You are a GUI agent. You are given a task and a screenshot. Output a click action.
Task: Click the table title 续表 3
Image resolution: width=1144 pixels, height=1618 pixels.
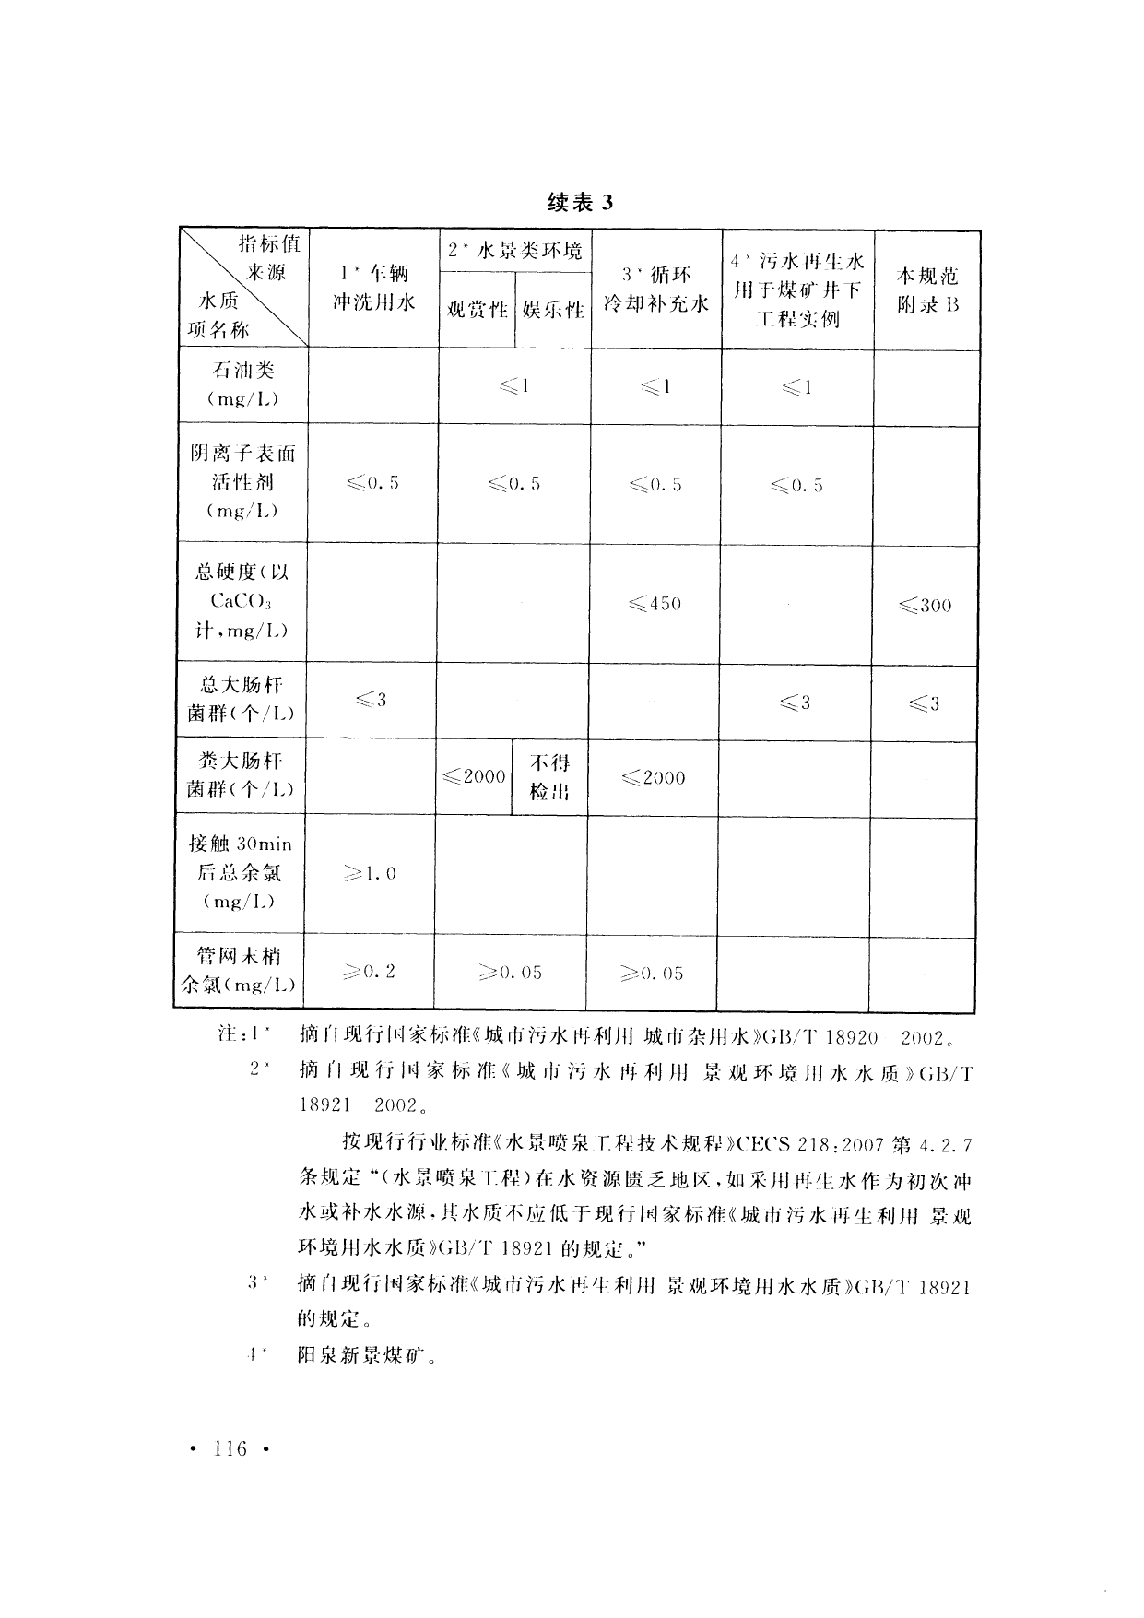click(x=579, y=203)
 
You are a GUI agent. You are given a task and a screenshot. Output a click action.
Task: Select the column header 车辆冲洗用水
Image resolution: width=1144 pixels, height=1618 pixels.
click(x=373, y=288)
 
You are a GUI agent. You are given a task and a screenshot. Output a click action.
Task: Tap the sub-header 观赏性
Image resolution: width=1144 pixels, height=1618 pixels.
click(x=477, y=310)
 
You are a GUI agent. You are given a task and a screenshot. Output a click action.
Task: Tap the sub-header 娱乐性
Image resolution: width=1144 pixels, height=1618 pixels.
click(x=552, y=310)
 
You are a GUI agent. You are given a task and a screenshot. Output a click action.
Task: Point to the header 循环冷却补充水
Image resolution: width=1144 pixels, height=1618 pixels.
click(x=655, y=289)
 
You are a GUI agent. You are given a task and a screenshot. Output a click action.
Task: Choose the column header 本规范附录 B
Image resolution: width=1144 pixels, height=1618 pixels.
click(x=927, y=289)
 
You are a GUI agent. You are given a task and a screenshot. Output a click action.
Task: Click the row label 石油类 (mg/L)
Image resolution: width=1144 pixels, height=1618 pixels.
click(x=243, y=384)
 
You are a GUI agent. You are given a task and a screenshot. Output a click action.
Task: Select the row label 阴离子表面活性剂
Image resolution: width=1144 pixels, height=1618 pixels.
click(x=243, y=482)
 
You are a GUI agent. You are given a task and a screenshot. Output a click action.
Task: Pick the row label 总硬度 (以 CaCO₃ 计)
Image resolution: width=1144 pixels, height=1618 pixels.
click(x=242, y=602)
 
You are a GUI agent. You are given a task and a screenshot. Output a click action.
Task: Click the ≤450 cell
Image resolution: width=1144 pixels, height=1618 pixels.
click(x=655, y=604)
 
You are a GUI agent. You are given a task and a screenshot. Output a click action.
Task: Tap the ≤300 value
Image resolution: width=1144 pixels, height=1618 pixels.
click(x=925, y=606)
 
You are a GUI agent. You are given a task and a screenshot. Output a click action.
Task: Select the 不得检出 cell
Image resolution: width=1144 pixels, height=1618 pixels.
click(x=549, y=777)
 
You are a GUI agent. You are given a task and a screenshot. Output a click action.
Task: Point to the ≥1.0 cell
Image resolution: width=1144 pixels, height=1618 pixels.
click(x=370, y=873)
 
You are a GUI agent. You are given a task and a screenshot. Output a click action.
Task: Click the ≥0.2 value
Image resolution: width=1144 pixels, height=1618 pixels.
click(x=369, y=971)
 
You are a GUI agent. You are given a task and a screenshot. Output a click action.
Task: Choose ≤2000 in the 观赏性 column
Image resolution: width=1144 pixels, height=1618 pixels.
click(x=474, y=777)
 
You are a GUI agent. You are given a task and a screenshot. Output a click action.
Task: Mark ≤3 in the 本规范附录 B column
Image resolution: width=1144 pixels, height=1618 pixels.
click(x=924, y=704)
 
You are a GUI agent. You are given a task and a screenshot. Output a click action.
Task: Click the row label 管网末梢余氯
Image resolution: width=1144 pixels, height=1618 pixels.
click(x=240, y=971)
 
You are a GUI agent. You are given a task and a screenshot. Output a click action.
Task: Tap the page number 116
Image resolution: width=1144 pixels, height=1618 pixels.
click(x=229, y=1449)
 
